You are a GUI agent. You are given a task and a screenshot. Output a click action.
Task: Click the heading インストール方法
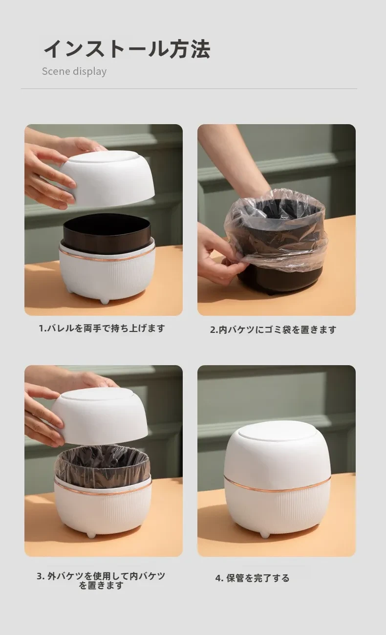[127, 49]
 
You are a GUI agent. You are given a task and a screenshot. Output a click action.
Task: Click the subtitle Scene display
[74, 71]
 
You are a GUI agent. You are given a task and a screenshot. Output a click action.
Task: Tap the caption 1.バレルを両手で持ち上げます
[102, 328]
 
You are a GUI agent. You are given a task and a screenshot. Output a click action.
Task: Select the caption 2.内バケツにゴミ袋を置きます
[273, 329]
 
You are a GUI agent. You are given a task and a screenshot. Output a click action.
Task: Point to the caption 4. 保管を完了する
[252, 578]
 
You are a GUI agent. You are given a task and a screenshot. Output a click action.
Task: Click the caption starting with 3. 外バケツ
[101, 580]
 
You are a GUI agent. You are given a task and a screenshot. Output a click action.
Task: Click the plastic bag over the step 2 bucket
[277, 230]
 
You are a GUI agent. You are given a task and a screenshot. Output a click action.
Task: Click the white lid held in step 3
[100, 416]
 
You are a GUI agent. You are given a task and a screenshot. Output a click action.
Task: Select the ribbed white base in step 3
[103, 509]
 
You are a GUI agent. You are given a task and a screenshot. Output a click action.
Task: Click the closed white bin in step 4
[277, 479]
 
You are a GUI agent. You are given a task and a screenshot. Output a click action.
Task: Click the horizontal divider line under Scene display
[189, 89]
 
